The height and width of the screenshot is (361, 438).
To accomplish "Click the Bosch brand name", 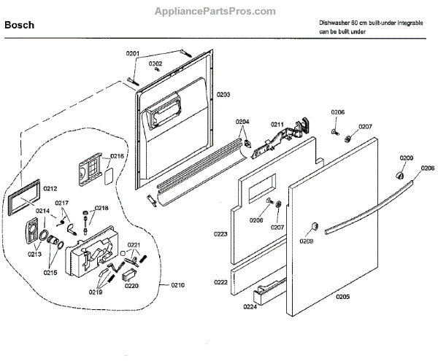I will click(20, 25).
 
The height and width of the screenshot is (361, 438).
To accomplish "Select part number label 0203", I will click(223, 95).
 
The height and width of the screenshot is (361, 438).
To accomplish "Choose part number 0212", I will click(50, 189).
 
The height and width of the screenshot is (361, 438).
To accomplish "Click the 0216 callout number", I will click(118, 156).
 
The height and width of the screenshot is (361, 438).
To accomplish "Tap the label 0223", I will click(220, 233).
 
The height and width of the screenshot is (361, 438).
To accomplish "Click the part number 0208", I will click(427, 168).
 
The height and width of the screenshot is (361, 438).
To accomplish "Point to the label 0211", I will click(277, 125).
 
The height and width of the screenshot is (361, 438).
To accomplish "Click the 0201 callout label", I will click(132, 53).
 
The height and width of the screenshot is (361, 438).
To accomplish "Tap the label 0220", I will click(131, 286).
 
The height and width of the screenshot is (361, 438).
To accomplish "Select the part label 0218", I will click(101, 208).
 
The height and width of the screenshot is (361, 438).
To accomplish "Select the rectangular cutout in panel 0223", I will click(259, 193).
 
